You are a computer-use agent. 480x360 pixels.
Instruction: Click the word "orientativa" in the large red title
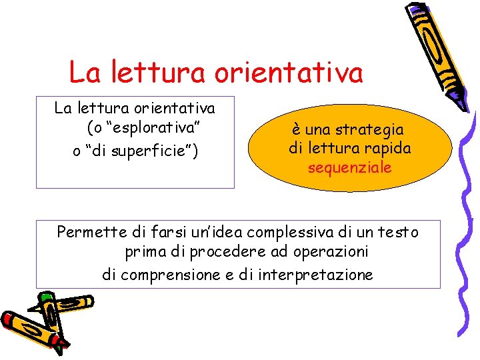point(289,72)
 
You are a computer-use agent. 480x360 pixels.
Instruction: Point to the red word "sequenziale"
point(349,167)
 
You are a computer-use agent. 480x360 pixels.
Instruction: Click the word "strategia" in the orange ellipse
point(371,129)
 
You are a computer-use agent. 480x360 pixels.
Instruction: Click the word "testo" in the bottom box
point(399,232)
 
